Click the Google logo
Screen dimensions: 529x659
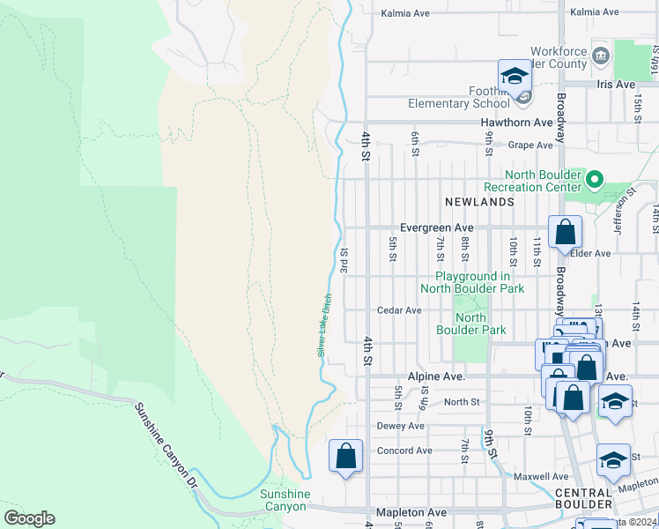(x=29, y=518)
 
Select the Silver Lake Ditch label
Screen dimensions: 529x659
(x=324, y=325)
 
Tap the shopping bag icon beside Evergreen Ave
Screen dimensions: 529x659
(x=565, y=233)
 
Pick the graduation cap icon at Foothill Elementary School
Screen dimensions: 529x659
(x=515, y=77)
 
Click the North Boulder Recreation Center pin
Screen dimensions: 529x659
(x=594, y=181)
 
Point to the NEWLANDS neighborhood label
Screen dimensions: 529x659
(x=479, y=202)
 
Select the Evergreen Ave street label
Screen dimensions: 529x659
(x=436, y=227)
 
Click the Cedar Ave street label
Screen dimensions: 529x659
(x=399, y=310)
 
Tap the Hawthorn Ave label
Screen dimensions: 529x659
(x=516, y=123)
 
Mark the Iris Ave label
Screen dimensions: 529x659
(x=615, y=84)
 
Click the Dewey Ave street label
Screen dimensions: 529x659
(x=400, y=426)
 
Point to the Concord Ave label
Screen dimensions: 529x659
(x=404, y=451)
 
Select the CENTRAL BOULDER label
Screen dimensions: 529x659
(x=583, y=498)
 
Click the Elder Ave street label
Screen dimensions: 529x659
(x=590, y=254)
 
